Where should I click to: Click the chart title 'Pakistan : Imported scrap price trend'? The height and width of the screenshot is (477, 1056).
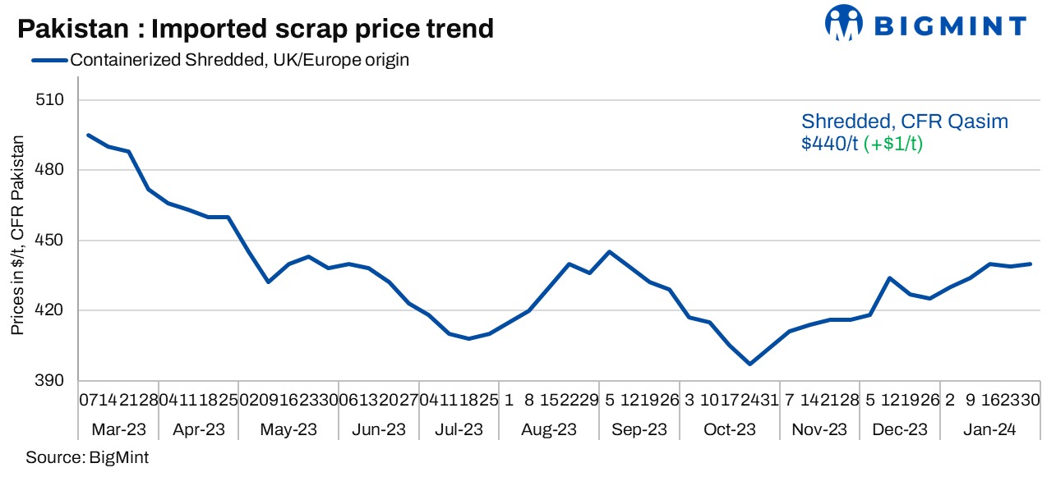click(x=256, y=29)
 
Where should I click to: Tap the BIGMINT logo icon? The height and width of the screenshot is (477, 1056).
click(x=844, y=24)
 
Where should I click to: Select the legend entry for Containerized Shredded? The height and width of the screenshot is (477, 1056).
click(x=239, y=60)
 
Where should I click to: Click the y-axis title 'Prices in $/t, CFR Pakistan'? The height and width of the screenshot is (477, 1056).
click(x=17, y=234)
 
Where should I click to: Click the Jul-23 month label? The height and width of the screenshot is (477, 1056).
click(x=459, y=429)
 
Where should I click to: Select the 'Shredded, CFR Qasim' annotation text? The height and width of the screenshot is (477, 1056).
click(x=904, y=122)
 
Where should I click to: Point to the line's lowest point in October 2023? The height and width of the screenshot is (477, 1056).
click(x=749, y=364)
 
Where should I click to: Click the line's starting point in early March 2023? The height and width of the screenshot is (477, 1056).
click(x=88, y=135)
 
